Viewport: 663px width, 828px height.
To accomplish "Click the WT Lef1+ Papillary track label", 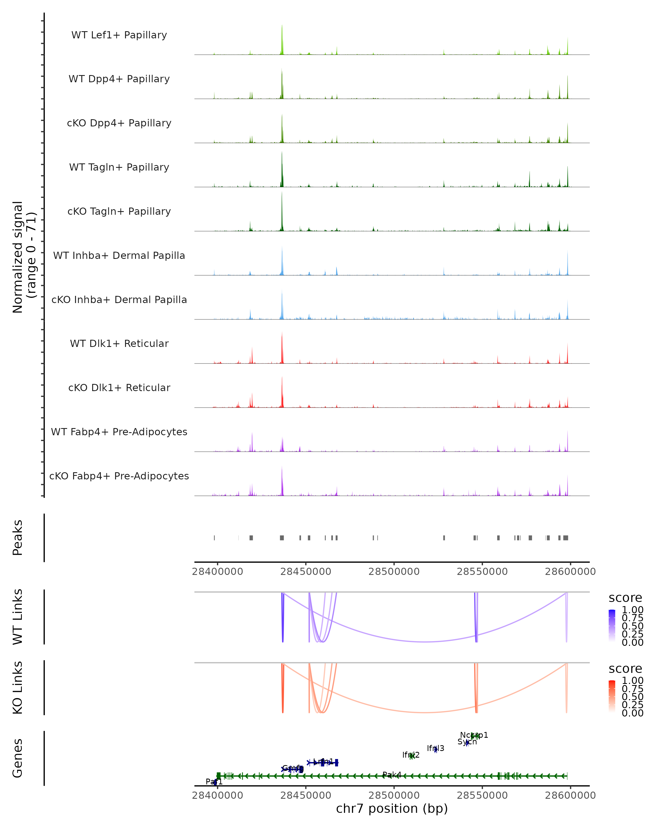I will point(119,35).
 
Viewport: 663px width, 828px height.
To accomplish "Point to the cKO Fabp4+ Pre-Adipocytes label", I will point(119,476).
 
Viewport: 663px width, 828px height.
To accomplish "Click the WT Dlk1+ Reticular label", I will point(119,343).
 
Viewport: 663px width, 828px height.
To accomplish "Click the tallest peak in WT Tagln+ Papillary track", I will point(282,154).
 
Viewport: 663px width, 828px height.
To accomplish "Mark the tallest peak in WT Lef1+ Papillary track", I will point(282,27).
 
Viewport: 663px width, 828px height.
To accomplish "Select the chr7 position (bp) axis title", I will point(392,808).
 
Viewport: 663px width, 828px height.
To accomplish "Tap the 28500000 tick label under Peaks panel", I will point(394,572).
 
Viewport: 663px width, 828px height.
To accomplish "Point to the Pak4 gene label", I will point(392,775).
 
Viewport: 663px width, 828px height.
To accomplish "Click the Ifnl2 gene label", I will point(411,755).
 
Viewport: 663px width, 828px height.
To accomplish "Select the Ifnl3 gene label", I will point(435,748).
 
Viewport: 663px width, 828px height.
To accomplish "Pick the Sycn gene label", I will point(467,742).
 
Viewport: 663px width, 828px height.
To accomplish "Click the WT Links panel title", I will point(18,617).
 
